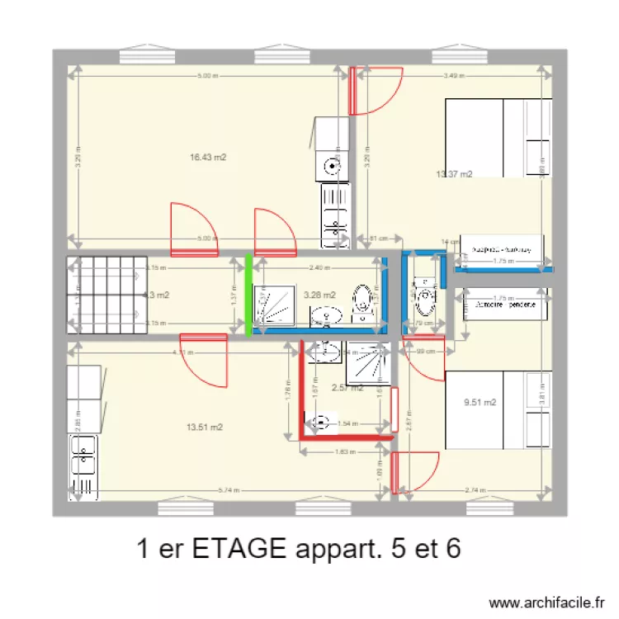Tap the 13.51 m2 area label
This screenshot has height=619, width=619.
[205, 427]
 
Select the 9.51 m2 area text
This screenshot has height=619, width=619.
[480, 403]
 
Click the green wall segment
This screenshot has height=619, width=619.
[248, 295]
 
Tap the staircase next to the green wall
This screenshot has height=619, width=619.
[103, 295]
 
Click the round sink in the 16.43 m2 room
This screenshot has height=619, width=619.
[332, 166]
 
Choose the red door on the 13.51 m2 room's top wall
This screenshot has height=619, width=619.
[203, 360]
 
